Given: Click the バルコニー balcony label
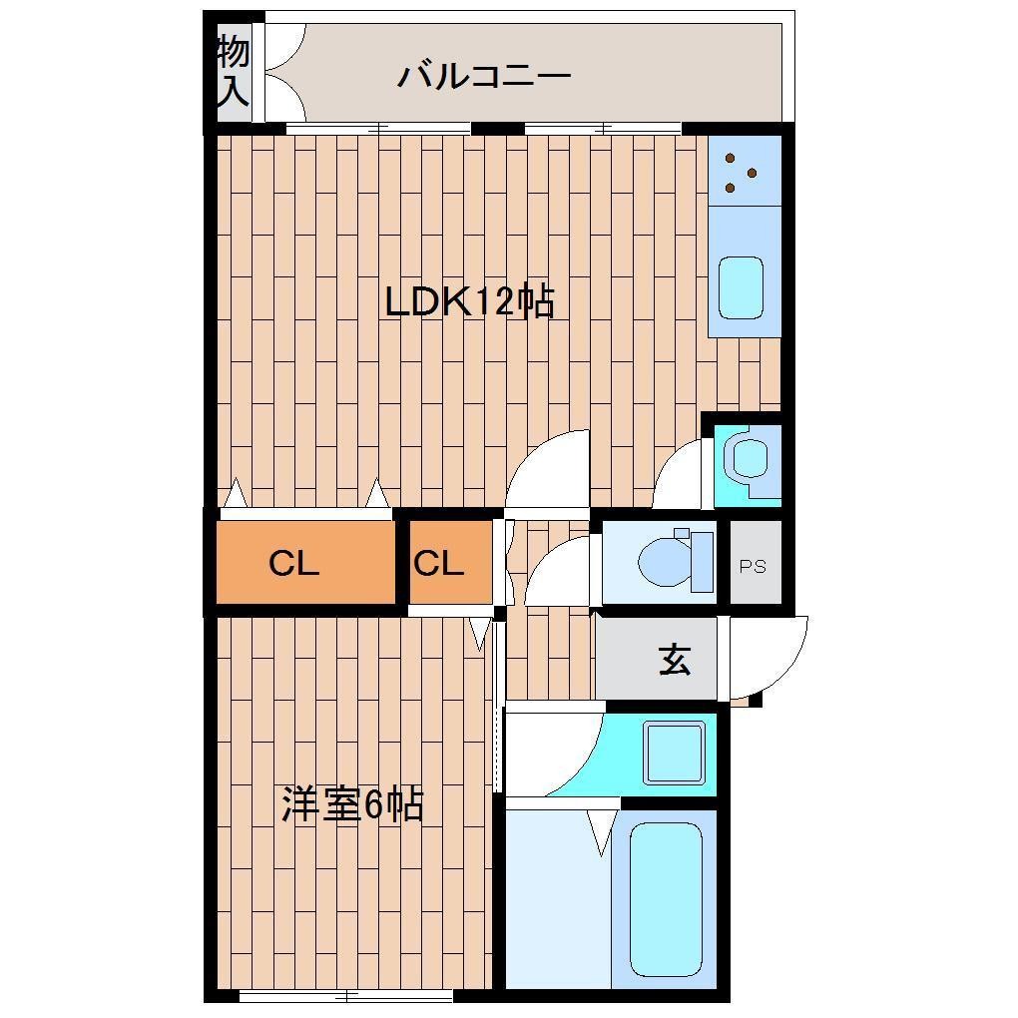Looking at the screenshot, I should coord(484,76).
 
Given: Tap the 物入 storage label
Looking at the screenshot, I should coord(233,70).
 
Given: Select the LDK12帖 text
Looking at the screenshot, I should coord(469,300).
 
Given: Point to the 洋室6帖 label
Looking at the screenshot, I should coord(352,803).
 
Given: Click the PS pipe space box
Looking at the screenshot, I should coord(754,566).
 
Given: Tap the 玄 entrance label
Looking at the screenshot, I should coord(675,660).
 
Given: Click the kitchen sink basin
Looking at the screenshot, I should coord(740,287).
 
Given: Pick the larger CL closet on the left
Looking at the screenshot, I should coord(294,564).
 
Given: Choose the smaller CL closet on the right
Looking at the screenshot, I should coord(439,564).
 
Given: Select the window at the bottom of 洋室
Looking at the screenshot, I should coord(347,995).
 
